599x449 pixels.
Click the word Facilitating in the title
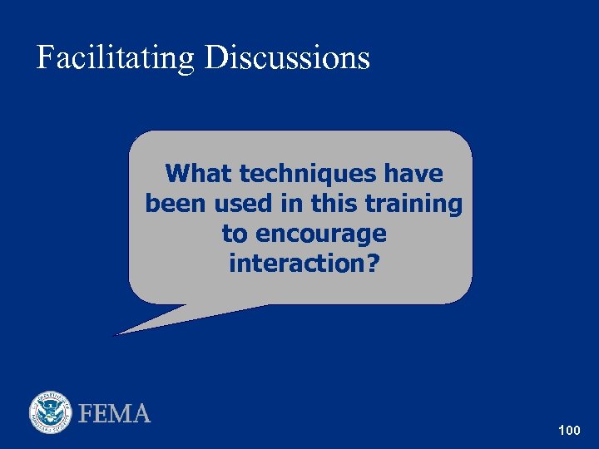click(x=116, y=58)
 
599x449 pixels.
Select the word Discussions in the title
click(x=287, y=58)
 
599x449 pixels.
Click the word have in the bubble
click(x=414, y=174)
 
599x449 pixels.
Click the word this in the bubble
click(x=334, y=204)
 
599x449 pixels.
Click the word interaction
click(x=297, y=264)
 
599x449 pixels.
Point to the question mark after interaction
click(x=372, y=264)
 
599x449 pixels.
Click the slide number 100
click(x=569, y=430)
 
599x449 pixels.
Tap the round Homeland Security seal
click(x=52, y=412)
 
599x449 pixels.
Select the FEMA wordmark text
click(x=115, y=413)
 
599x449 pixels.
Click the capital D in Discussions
click(x=215, y=58)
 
